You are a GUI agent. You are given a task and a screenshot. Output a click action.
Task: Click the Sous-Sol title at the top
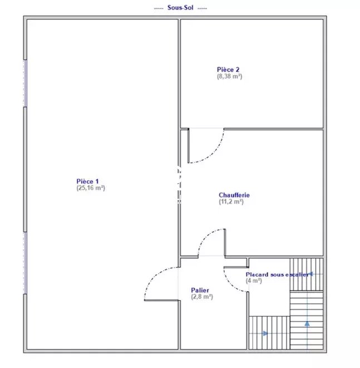[x=180, y=7]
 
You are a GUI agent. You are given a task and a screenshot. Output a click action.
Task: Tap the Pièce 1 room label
[x=87, y=181]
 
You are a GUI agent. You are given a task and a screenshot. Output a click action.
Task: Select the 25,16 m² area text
[x=91, y=188]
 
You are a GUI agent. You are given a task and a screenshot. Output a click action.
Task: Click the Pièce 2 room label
[x=228, y=70]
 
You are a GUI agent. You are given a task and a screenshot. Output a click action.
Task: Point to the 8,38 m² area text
[x=229, y=76]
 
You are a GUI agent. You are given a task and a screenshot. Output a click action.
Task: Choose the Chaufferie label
[x=234, y=195]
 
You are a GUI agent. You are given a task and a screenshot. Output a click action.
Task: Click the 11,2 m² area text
[x=231, y=202]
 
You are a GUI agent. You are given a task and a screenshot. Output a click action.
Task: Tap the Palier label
[x=200, y=290]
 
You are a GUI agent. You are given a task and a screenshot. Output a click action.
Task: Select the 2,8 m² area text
[x=202, y=297]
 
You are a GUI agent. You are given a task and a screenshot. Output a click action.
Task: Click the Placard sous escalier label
[x=277, y=274]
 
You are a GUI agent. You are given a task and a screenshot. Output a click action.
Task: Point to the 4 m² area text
[x=254, y=281]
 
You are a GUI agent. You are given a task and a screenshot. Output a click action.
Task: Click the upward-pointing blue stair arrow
[x=307, y=323]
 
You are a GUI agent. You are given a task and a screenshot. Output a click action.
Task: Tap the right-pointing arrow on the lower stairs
[x=265, y=333]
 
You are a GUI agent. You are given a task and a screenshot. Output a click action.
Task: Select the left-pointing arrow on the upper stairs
[x=311, y=274]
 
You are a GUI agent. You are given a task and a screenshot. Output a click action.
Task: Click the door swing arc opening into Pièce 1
[x=153, y=277]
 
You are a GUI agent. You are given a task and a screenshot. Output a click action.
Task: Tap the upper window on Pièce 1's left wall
[x=26, y=84]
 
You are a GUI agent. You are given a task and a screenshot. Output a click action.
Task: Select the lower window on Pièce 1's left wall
[x=26, y=263]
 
